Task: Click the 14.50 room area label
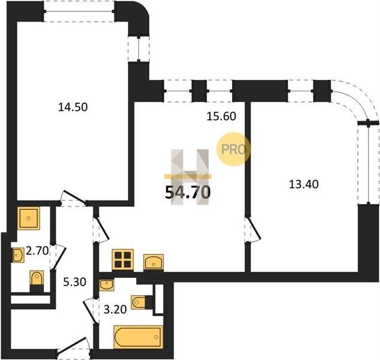[73, 107]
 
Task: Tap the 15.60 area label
[221, 116]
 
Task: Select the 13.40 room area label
[304, 184]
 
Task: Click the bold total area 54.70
[188, 193]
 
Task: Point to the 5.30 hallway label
[75, 282]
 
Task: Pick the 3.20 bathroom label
[115, 310]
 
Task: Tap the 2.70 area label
[37, 251]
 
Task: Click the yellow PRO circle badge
[233, 149]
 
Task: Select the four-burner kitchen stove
[123, 260]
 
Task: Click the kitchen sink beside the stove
[153, 262]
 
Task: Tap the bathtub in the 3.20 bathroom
[138, 337]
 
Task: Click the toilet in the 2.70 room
[37, 281]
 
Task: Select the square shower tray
[29, 218]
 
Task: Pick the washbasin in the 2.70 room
[18, 255]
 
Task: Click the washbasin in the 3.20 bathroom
[107, 285]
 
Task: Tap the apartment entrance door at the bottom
[74, 347]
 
